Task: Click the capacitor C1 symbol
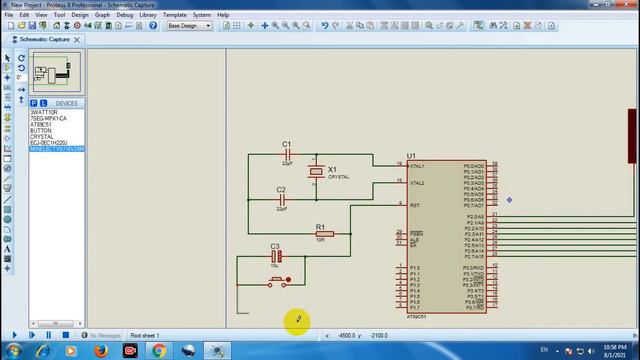[287, 155]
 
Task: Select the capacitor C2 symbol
[282, 200]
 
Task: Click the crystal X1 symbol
[317, 172]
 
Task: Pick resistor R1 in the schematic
[321, 233]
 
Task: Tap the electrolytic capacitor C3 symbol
[276, 256]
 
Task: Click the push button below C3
[277, 282]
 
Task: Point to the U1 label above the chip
[411, 156]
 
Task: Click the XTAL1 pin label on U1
[417, 166]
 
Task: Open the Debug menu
[124, 15]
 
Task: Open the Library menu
[148, 15]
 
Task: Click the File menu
[9, 15]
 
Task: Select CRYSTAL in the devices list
[41, 136]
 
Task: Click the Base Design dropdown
[189, 26]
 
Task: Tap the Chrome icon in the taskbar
[159, 350]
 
